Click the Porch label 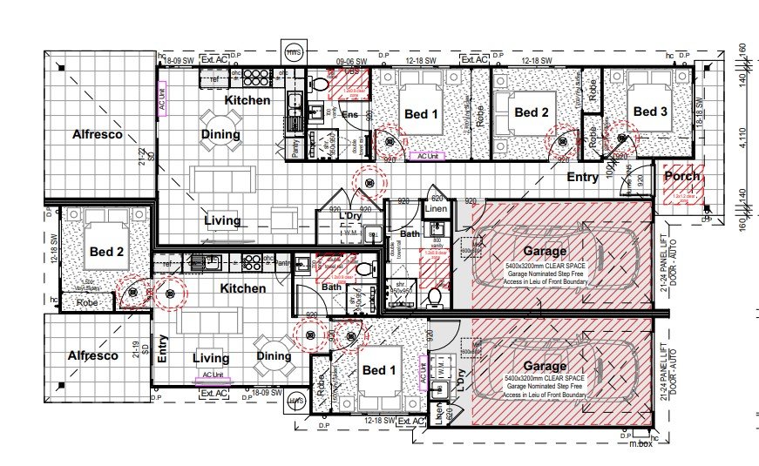[x=682, y=177]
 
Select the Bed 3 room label [x=650, y=111]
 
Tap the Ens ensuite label [x=349, y=115]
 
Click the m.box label [x=640, y=444]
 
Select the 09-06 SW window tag [x=351, y=60]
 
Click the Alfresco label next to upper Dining [x=97, y=135]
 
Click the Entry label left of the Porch [x=582, y=178]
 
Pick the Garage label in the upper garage [x=545, y=252]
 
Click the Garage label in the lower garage [x=545, y=367]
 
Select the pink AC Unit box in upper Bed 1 [x=428, y=157]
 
